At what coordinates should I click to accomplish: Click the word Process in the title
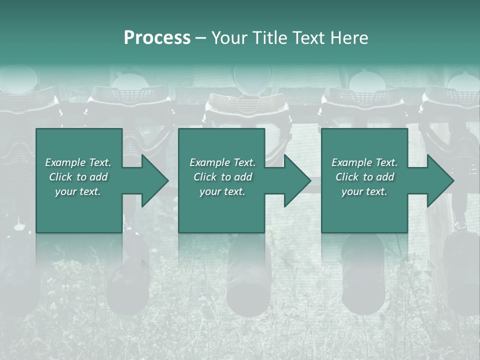point(157,38)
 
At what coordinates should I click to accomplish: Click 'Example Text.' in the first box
point(78,162)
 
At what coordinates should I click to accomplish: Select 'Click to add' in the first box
point(78,177)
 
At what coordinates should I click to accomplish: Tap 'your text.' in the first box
point(78,191)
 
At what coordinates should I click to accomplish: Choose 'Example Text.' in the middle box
point(222,162)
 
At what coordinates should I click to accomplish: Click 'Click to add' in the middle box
point(222,177)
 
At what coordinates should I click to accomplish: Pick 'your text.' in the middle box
point(222,191)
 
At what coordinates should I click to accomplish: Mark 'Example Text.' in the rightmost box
point(364,162)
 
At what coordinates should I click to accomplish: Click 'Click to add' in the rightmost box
point(364,177)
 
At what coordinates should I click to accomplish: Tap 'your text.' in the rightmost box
point(364,191)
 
